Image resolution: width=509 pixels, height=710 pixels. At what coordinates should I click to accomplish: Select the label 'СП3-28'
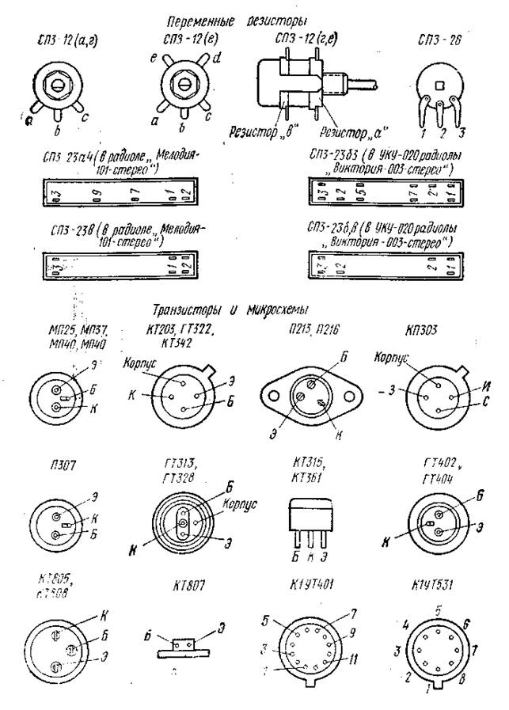point(439,38)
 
